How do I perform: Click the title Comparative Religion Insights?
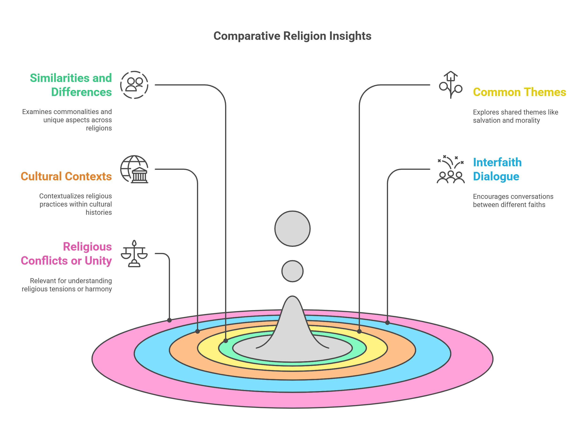(x=292, y=36)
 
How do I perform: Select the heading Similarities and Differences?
(x=71, y=85)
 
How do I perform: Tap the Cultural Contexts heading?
(x=66, y=176)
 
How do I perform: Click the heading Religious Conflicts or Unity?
(x=66, y=254)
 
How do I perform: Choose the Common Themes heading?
(x=519, y=92)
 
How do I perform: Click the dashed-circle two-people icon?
(x=134, y=85)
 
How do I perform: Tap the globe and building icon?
(x=134, y=169)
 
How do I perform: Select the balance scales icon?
(x=134, y=254)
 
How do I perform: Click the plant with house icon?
(x=450, y=85)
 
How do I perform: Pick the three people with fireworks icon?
(x=450, y=169)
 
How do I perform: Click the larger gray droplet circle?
(x=292, y=229)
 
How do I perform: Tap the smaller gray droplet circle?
(x=292, y=271)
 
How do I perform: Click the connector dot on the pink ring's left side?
(x=170, y=320)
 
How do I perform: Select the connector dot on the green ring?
(x=226, y=341)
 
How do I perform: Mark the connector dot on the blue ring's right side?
(x=387, y=322)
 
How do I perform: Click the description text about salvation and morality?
(x=515, y=116)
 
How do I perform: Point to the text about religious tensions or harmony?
(x=67, y=285)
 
